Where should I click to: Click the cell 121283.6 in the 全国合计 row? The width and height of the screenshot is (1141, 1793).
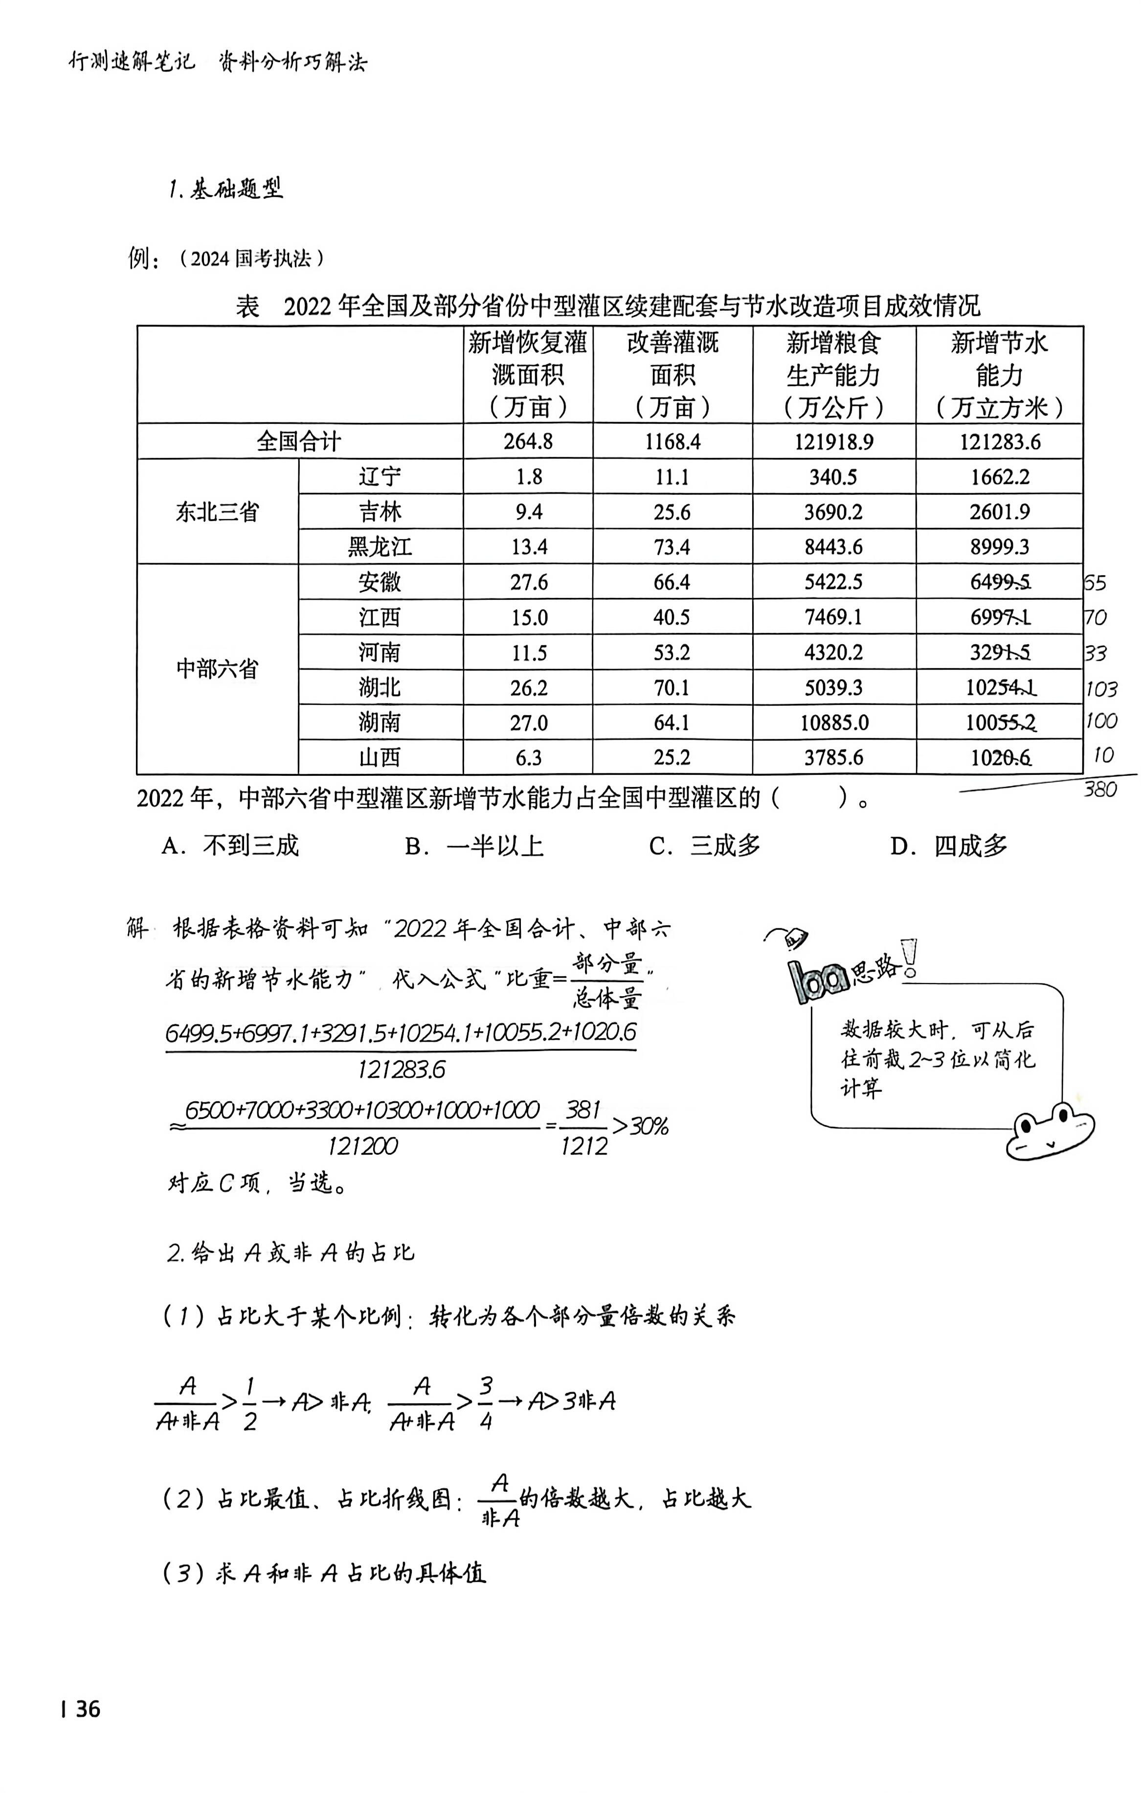point(1000,441)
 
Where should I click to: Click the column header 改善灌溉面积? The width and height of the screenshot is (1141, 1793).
point(672,374)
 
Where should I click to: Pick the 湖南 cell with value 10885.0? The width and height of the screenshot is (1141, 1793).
point(833,723)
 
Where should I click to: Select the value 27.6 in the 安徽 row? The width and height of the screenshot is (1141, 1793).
point(529,582)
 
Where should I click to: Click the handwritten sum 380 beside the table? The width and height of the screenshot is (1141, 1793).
point(1100,789)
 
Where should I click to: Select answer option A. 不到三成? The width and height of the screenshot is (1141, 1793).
point(230,846)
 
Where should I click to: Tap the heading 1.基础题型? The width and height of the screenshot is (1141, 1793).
point(225,190)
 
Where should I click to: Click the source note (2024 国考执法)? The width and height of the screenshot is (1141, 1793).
point(251,259)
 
